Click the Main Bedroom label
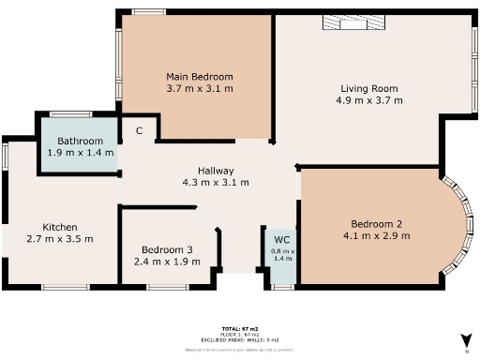[x=199, y=77]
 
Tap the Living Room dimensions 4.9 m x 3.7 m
[x=370, y=99]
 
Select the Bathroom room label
[x=80, y=142]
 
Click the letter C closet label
[x=139, y=131]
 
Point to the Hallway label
[x=215, y=171]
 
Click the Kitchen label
[x=60, y=227]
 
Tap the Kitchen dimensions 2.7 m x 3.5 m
[x=60, y=239]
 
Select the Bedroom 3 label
[x=167, y=249]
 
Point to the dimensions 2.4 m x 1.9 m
[x=167, y=262]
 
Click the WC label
[x=282, y=238]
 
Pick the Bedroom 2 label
[x=376, y=223]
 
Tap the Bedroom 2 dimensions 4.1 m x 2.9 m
[x=376, y=235]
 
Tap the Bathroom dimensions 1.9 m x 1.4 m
[x=80, y=153]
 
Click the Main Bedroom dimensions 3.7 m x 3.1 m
[x=199, y=88]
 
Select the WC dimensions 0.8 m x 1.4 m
[x=282, y=254]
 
